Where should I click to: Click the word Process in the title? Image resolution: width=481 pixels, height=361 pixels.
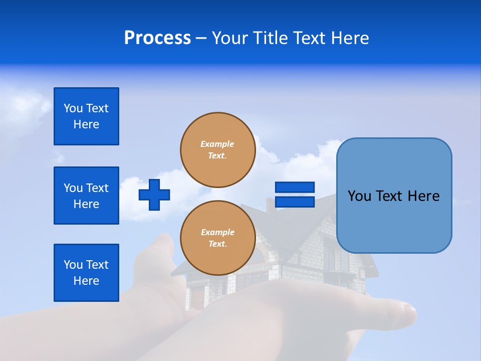(157, 38)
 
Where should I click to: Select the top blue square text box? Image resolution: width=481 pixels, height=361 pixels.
(86, 116)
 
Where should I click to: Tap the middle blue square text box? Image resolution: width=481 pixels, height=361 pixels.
(86, 196)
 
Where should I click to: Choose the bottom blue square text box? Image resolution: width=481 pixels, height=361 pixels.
(86, 273)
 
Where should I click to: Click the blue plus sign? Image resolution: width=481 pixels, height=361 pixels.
(154, 195)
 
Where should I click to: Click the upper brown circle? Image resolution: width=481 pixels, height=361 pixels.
(217, 150)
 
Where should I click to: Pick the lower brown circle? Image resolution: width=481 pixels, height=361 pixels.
(217, 238)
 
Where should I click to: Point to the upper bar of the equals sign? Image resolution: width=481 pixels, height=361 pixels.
(295, 188)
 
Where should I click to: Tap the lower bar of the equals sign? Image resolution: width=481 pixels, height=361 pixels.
(295, 202)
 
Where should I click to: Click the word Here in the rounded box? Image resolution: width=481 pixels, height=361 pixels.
(423, 196)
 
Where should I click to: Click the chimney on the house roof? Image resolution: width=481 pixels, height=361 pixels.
(270, 205)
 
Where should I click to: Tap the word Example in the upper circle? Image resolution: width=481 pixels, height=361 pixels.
(217, 144)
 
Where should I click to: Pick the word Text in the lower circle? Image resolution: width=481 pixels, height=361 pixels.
(217, 244)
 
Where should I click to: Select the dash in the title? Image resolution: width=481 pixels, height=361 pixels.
(201, 39)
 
